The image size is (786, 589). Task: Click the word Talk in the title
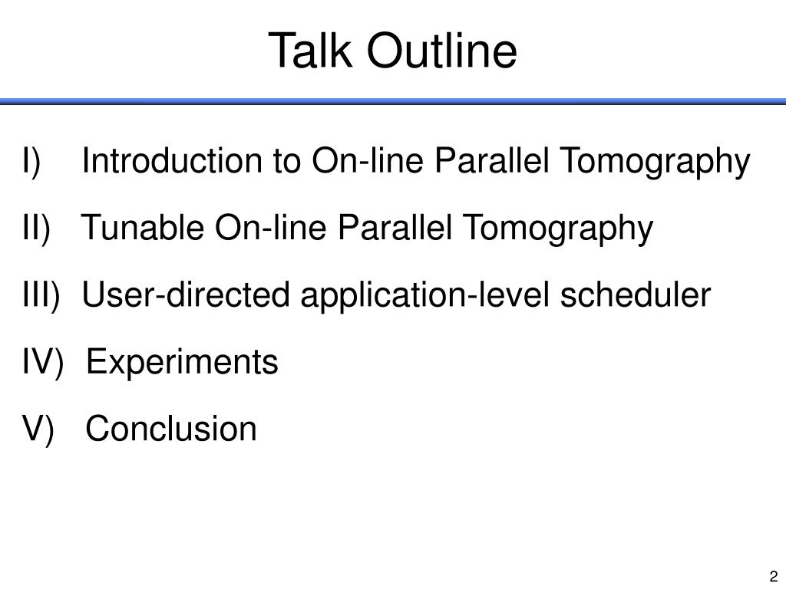310,50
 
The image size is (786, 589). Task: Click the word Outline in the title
442,50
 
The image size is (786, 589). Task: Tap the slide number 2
774,576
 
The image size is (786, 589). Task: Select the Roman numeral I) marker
31,161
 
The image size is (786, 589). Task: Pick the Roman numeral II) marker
36,228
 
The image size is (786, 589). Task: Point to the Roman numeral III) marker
41,294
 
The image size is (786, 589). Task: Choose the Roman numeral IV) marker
43,362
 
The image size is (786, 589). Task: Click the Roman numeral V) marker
38,429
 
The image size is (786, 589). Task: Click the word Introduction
172,160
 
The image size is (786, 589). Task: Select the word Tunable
143,227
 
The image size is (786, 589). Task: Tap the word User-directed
186,294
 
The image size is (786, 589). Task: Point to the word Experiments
182,363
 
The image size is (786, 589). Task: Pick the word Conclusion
171,429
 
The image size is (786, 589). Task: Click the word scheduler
635,294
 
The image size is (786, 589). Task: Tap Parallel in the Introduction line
491,160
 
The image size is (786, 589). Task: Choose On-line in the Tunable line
271,227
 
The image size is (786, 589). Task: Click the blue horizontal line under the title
393,102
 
